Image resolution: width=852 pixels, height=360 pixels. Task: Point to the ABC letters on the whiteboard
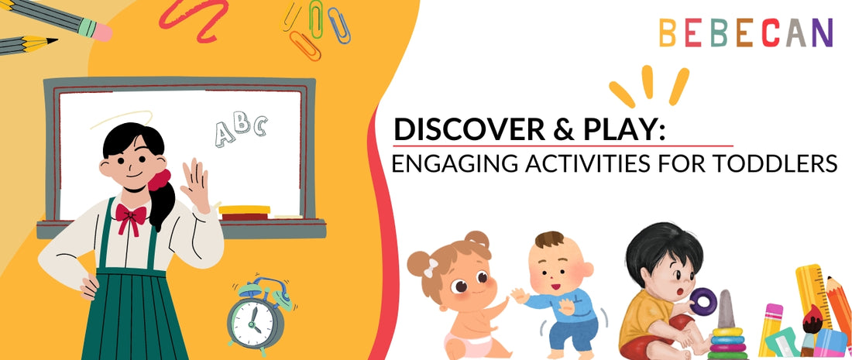pyautogui.click(x=241, y=130)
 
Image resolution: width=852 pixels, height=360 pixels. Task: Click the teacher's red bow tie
pyautogui.click(x=131, y=217)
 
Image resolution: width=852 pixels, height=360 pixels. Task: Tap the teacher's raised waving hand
pyautogui.click(x=194, y=183)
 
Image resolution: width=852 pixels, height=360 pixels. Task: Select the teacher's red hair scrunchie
pyautogui.click(x=160, y=181)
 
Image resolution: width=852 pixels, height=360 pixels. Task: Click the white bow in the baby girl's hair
pyautogui.click(x=431, y=267)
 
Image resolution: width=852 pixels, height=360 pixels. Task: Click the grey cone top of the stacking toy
pyautogui.click(x=726, y=311)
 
